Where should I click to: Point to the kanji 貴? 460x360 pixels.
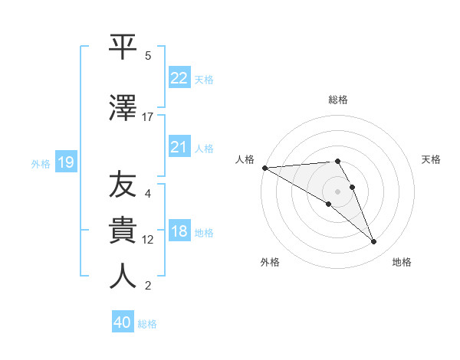click(123, 230)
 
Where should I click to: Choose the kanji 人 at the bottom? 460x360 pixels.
click(123, 276)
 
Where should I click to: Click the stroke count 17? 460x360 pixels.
click(148, 117)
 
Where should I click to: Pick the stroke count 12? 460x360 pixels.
click(148, 240)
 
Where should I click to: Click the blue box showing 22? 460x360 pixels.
click(179, 78)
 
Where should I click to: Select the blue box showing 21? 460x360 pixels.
click(179, 147)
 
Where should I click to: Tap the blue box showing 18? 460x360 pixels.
click(179, 231)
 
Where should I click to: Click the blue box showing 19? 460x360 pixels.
click(65, 162)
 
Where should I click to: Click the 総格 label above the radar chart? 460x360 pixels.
click(338, 100)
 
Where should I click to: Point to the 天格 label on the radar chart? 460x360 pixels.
click(432, 159)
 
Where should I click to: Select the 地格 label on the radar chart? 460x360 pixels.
click(402, 262)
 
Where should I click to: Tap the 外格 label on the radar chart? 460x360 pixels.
click(270, 262)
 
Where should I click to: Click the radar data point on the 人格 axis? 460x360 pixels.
click(264, 168)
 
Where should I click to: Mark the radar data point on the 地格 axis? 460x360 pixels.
click(374, 242)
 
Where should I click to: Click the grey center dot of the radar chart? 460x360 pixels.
click(337, 191)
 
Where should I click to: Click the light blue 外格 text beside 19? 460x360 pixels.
click(40, 163)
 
